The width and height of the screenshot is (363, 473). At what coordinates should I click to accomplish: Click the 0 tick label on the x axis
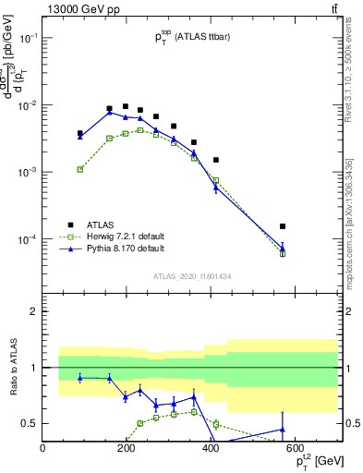(42, 449)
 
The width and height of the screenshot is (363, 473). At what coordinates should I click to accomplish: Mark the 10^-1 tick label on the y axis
(28, 38)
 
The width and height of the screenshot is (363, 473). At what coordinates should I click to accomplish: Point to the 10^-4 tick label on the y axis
(28, 239)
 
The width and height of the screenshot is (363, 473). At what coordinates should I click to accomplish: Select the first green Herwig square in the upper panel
(80, 169)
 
